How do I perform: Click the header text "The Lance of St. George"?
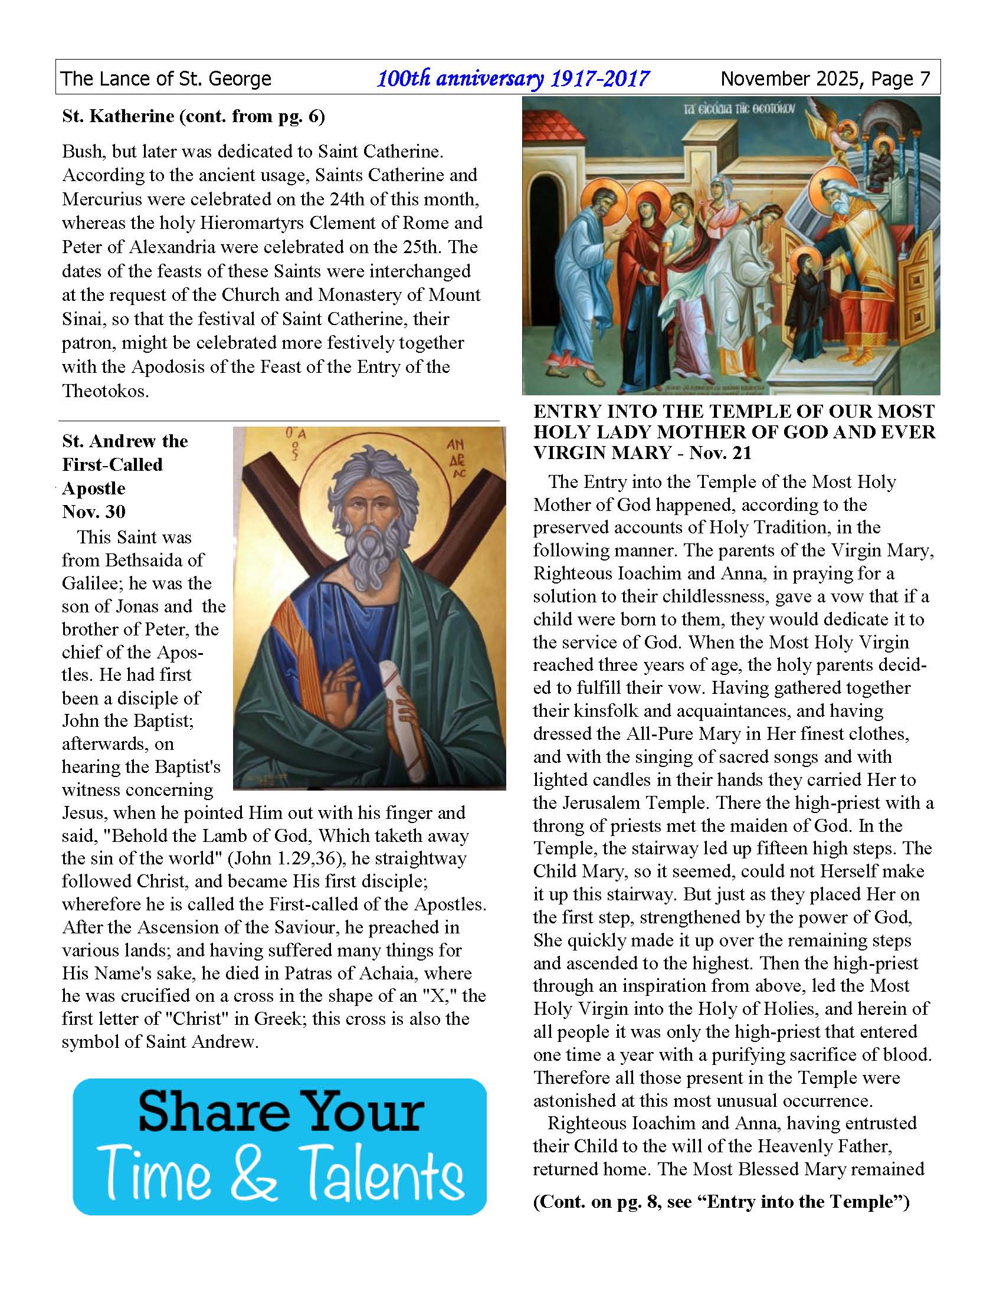[166, 78]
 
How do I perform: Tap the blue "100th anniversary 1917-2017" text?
[513, 78]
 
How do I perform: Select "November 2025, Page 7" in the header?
[825, 78]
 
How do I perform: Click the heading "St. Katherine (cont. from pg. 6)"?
[193, 116]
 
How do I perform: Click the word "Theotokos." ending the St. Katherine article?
[105, 391]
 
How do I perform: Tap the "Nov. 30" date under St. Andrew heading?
[93, 512]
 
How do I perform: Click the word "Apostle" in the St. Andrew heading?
[93, 489]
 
